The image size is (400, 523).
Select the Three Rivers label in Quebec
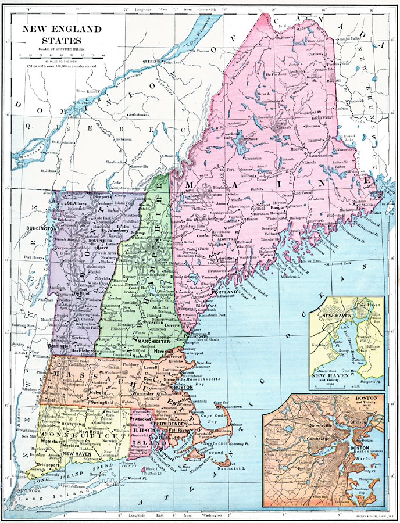(x=76, y=91)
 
